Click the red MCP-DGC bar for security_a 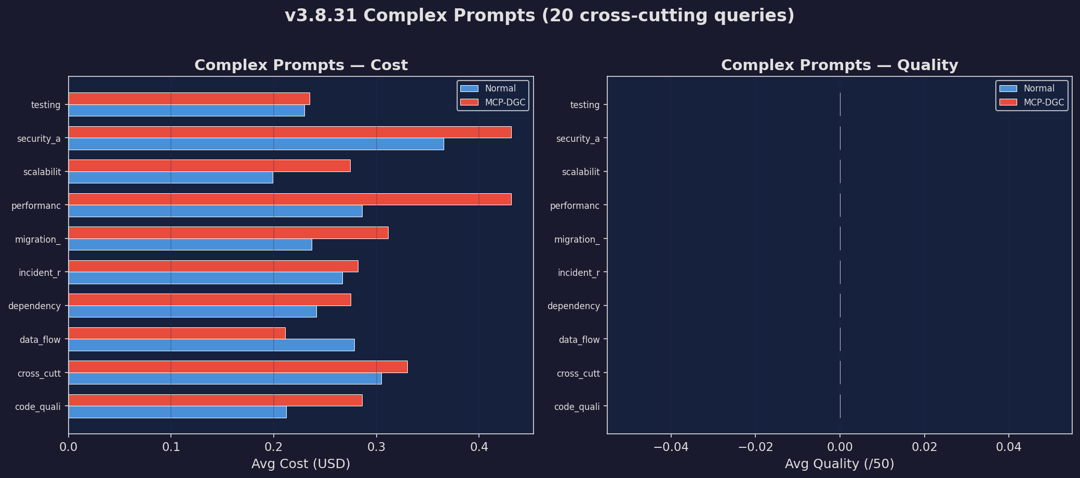(290, 132)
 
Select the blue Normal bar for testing (186, 111)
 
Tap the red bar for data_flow (177, 334)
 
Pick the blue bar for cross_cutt (225, 379)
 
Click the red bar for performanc (290, 200)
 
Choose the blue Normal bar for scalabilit (170, 178)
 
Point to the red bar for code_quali (215, 401)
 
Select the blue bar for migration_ (190, 245)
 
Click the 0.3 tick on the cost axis (377, 447)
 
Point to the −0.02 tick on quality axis (755, 447)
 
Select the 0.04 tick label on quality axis (1009, 447)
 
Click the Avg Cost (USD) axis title (301, 464)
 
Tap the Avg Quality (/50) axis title (839, 464)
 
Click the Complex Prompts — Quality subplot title (839, 65)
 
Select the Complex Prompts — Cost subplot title (301, 65)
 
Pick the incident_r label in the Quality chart (578, 273)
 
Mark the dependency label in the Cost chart (34, 306)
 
